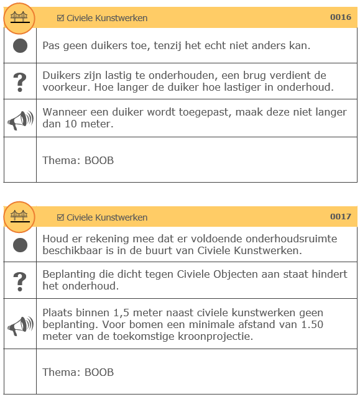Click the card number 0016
point(340,17)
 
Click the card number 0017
point(340,217)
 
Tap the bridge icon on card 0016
point(20,17)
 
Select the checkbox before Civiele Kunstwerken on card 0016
point(60,18)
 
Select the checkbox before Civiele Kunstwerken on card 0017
point(60,217)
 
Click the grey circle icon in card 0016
point(20,45)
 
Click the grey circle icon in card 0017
point(20,245)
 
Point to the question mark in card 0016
point(20,81)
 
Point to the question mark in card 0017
point(20,281)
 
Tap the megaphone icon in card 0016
point(20,119)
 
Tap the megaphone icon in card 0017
point(20,325)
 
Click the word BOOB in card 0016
point(99,161)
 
